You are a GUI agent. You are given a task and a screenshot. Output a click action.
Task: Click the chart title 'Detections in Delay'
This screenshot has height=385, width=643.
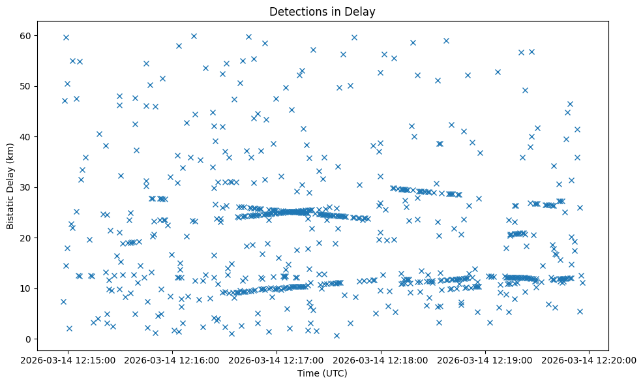point(322,12)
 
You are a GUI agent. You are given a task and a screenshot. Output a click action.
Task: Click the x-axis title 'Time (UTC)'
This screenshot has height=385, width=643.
point(322,373)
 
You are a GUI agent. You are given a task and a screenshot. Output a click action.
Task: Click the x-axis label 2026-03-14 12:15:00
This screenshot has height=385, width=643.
point(68,359)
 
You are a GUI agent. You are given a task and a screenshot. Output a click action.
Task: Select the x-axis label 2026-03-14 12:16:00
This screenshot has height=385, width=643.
point(173,359)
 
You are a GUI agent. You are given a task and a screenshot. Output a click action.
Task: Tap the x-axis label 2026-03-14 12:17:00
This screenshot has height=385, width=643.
point(277,359)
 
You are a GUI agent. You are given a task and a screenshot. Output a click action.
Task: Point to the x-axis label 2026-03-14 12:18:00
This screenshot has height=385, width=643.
point(381,359)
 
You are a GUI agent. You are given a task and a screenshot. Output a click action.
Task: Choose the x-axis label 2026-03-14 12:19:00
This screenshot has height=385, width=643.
point(485,359)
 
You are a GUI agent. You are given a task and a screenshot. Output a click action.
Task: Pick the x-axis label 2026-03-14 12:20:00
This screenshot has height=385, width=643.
point(590,359)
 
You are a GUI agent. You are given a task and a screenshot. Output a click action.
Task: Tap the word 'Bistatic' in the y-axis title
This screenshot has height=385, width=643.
point(11,211)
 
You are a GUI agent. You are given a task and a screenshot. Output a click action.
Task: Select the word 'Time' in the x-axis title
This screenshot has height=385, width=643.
point(308,373)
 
